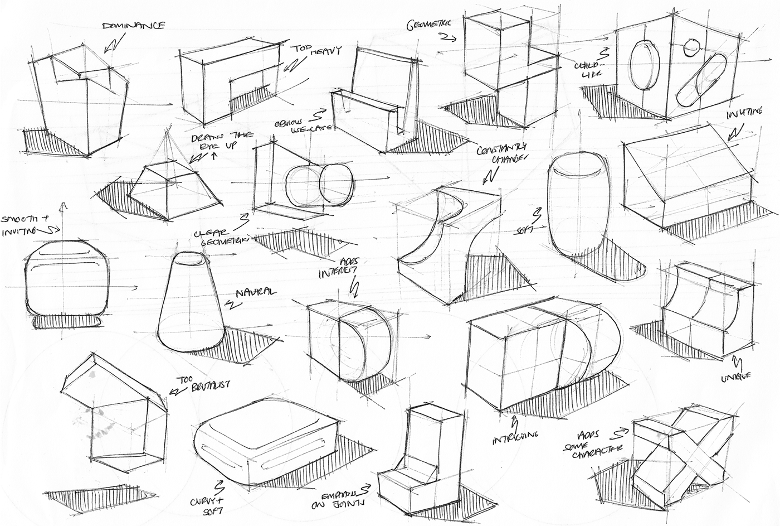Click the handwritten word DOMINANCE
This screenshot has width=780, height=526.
click(x=133, y=26)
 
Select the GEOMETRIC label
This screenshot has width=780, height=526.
click(x=431, y=24)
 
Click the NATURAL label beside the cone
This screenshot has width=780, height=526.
click(x=256, y=292)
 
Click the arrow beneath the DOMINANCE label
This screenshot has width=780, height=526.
click(x=114, y=44)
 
